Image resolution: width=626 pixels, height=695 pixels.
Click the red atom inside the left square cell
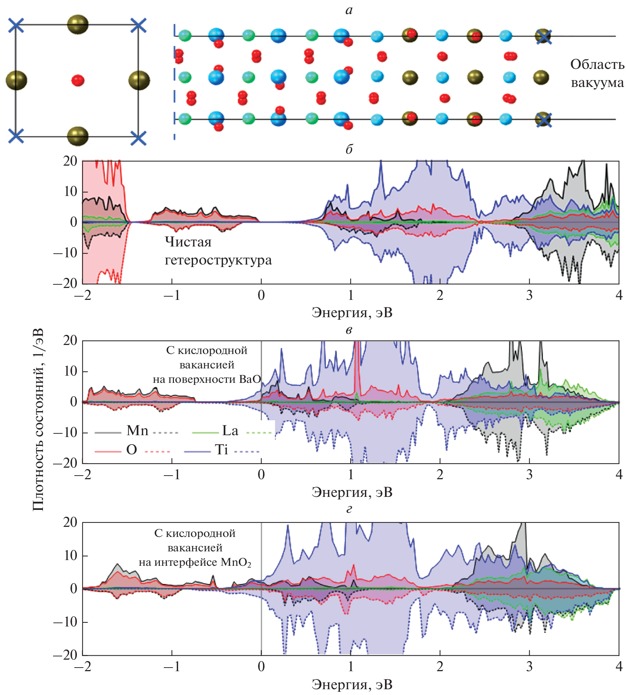pyautogui.click(x=78, y=80)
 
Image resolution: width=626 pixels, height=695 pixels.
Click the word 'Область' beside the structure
pyautogui.click(x=597, y=65)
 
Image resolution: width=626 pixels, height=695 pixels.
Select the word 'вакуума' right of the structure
pyautogui.click(x=597, y=83)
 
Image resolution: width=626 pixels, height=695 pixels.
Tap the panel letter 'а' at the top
pyautogui.click(x=349, y=10)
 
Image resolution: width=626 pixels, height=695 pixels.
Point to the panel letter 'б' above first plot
pyautogui.click(x=349, y=149)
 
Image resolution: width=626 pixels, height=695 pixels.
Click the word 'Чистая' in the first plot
pyautogui.click(x=188, y=242)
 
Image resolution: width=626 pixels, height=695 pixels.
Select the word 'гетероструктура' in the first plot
pyautogui.click(x=218, y=260)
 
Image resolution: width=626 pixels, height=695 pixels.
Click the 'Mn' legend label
pyautogui.click(x=137, y=430)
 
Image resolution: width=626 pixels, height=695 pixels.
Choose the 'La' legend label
pyautogui.click(x=230, y=430)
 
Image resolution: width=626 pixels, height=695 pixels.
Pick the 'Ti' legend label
pyautogui.click(x=222, y=450)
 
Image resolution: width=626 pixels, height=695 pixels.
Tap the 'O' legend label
pyautogui.click(x=132, y=450)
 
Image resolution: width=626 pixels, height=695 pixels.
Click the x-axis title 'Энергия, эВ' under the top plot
pyautogui.click(x=352, y=312)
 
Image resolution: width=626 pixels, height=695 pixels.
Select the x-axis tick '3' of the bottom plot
pyautogui.click(x=529, y=666)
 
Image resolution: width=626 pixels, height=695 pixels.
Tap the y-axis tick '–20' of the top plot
pyautogui.click(x=65, y=283)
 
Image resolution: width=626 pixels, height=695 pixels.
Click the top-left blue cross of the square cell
pyautogui.click(x=16, y=25)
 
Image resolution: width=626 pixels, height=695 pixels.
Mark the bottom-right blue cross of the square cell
pyautogui.click(x=138, y=137)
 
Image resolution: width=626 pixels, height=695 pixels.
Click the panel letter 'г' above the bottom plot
pyautogui.click(x=349, y=509)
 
